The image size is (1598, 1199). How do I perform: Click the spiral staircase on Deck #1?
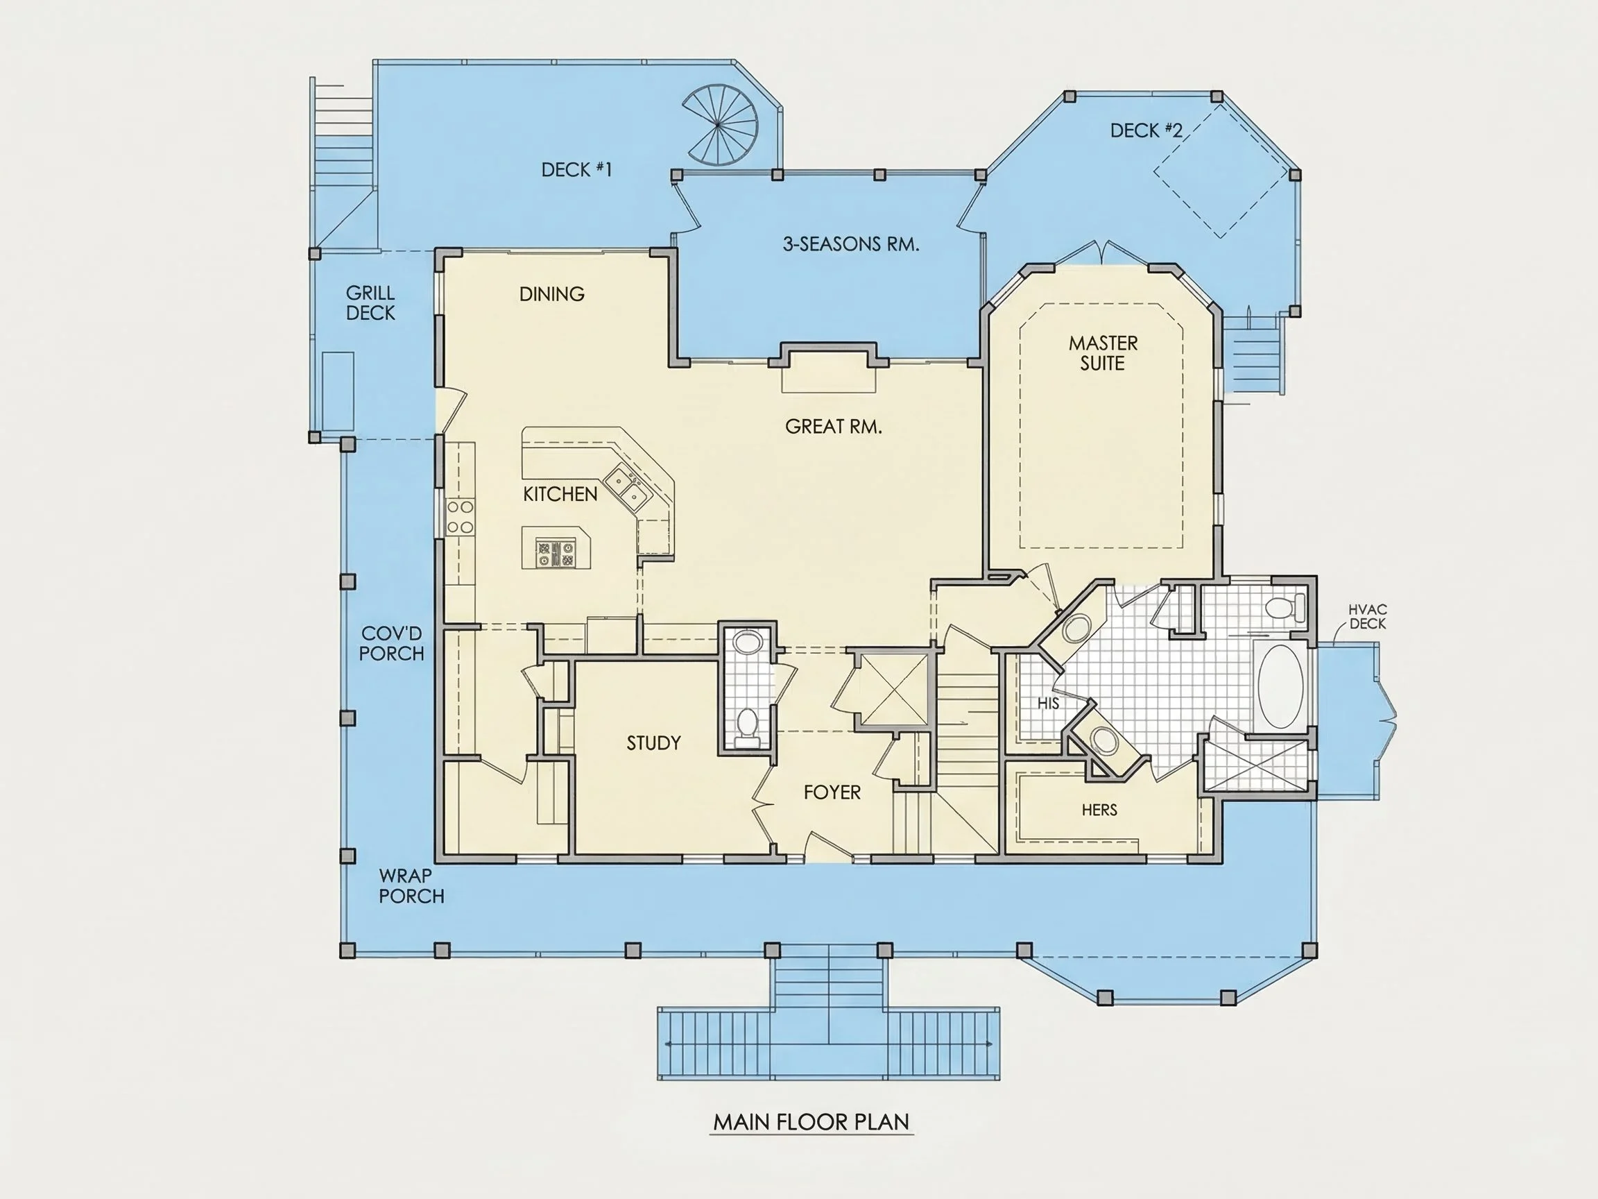click(720, 124)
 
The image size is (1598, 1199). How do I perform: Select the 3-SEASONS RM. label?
click(851, 244)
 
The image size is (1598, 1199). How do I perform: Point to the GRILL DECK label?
click(370, 303)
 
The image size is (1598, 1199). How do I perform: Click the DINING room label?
click(552, 294)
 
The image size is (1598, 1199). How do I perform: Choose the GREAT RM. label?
click(834, 427)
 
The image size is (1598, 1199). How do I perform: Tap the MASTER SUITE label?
click(1103, 352)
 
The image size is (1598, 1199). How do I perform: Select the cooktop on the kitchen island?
click(556, 554)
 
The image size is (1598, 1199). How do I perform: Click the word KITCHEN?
click(560, 494)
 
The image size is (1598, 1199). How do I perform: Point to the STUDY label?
click(654, 743)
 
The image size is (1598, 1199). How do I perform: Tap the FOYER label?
click(832, 792)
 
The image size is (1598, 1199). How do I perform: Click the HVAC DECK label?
click(1368, 616)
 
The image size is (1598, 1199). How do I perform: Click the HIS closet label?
click(1048, 702)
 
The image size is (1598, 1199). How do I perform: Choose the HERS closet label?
click(1099, 810)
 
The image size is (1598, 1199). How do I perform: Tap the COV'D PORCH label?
click(392, 643)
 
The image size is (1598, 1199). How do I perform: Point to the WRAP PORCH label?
click(412, 885)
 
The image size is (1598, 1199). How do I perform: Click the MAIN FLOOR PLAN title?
click(811, 1122)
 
